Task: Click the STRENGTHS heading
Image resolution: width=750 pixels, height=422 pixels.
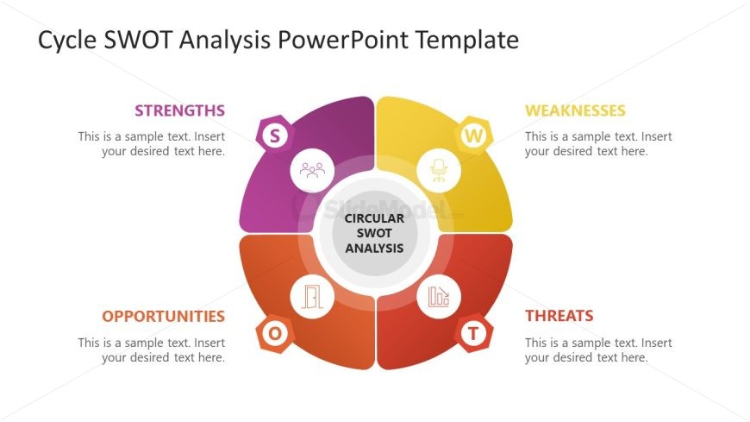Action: pos(179,110)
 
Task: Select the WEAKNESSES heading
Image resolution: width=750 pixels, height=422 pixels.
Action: pos(575,110)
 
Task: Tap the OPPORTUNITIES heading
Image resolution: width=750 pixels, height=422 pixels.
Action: pos(163,316)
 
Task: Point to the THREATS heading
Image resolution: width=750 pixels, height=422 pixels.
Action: pos(559,316)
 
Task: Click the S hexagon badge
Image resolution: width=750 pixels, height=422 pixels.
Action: pos(275,135)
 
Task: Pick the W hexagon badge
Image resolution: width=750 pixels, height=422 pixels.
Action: pos(473,135)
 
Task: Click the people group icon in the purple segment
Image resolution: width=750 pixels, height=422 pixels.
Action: pos(311,170)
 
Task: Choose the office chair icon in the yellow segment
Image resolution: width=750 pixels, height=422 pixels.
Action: pos(439,170)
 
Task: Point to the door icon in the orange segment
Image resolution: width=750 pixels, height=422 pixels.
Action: pos(311,297)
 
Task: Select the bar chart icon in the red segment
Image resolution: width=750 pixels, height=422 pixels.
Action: pos(439,297)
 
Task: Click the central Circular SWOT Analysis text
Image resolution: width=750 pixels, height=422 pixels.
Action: pos(374,233)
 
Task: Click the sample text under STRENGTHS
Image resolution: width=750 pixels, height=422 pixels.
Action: pos(152,143)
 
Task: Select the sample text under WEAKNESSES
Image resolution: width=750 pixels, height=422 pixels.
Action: pos(598,143)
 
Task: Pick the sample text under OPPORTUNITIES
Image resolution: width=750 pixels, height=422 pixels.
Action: pos(152,350)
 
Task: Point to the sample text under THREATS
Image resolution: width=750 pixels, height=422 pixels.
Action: pos(598,350)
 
